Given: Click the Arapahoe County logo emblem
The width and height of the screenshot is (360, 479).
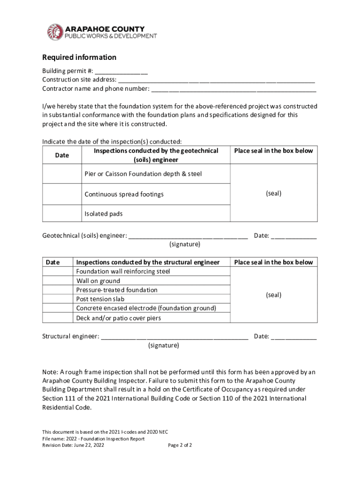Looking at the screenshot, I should [55, 32].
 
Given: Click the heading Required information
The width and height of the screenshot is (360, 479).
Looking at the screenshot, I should [79, 58].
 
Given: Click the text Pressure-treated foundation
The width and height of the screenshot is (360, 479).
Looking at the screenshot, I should [117, 290].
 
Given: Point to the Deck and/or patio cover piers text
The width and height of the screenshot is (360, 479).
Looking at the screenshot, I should [119, 318].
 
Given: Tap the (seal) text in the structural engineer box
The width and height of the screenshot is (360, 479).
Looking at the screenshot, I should [274, 295].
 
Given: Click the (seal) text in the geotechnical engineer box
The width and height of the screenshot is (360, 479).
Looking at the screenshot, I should [274, 193].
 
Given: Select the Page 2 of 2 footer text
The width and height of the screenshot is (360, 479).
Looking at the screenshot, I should [180, 445].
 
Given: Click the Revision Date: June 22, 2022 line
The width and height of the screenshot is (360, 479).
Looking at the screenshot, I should [73, 445].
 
